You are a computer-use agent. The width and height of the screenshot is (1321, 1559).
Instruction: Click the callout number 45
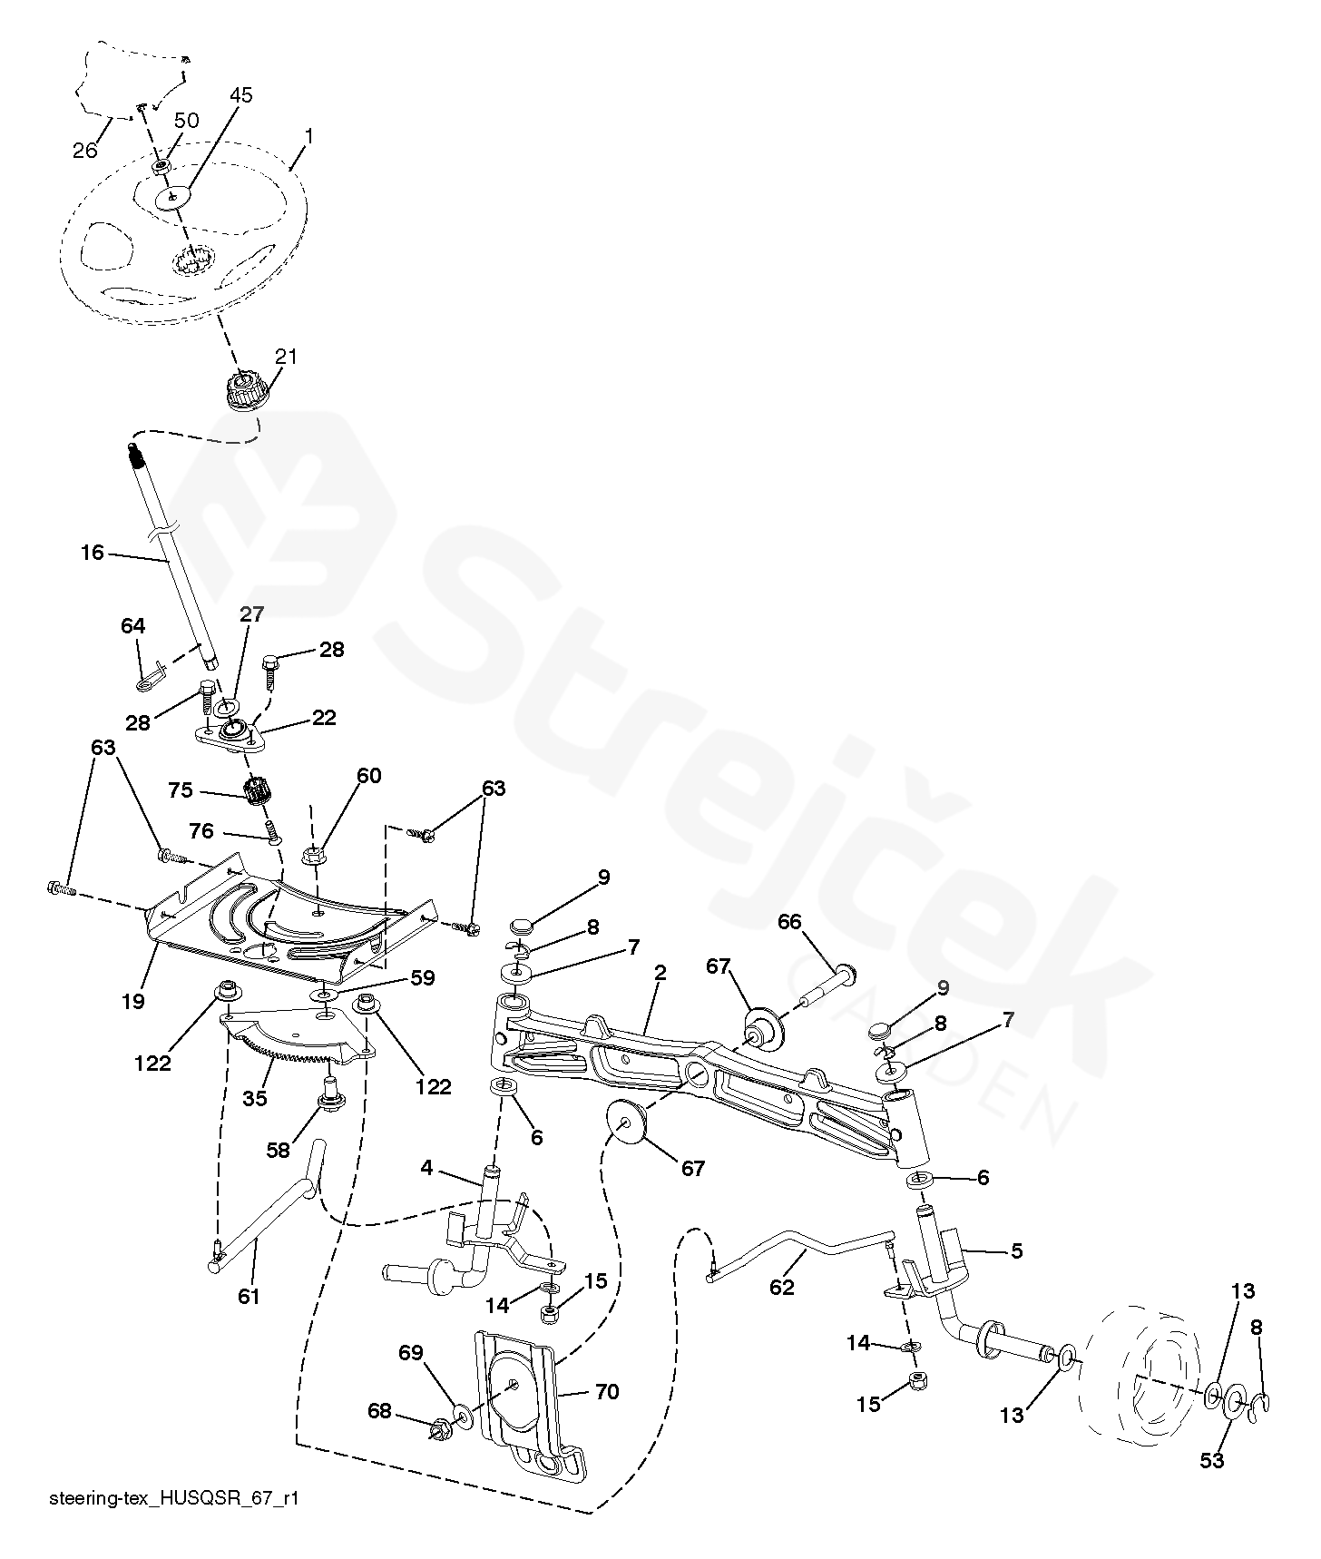(x=240, y=95)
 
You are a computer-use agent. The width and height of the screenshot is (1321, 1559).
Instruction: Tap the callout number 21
(x=286, y=357)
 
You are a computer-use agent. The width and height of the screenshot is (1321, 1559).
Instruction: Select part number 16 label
(x=93, y=552)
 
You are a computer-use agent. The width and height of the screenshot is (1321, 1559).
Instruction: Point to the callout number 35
(x=255, y=1098)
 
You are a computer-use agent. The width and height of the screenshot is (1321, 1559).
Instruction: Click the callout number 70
(x=606, y=1391)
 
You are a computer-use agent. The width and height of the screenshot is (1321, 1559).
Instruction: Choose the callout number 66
(x=789, y=922)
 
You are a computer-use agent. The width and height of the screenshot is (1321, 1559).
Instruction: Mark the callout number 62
(x=781, y=1287)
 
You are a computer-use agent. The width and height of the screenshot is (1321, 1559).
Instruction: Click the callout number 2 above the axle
(x=660, y=973)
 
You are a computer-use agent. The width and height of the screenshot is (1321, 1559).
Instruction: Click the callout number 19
(x=132, y=1001)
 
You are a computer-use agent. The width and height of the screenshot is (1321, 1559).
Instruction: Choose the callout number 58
(x=278, y=1150)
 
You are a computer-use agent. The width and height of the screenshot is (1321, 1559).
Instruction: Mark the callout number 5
(x=1016, y=1250)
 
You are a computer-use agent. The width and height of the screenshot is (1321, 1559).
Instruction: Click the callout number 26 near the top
(x=84, y=150)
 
